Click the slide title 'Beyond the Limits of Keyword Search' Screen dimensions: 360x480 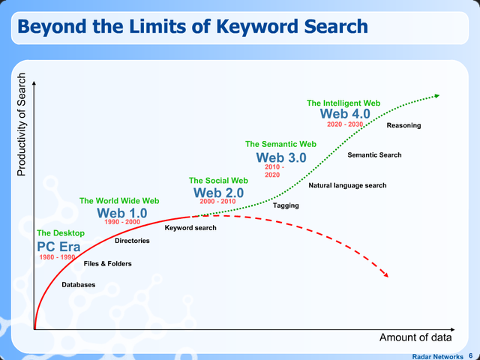pyautogui.click(x=192, y=27)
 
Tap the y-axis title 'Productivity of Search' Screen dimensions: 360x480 pyautogui.click(x=21, y=124)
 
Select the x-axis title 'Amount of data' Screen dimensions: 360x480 pyautogui.click(x=414, y=337)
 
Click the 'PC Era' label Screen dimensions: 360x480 pyautogui.click(x=58, y=246)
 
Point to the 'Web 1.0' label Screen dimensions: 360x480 pyautogui.click(x=121, y=213)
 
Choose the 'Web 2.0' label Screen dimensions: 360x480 pyautogui.click(x=218, y=193)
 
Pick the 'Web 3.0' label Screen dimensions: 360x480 pyautogui.click(x=281, y=157)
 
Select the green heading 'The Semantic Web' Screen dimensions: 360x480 pyautogui.click(x=281, y=144)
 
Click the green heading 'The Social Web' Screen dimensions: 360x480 pyautogui.click(x=218, y=181)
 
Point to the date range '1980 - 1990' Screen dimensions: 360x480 pyautogui.click(x=57, y=257)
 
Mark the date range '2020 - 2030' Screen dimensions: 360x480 pyautogui.click(x=345, y=124)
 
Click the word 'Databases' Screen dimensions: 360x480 pyautogui.click(x=78, y=285)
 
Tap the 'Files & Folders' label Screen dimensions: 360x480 pyautogui.click(x=107, y=264)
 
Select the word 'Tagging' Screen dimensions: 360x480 pyautogui.click(x=286, y=205)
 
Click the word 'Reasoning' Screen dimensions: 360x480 pyautogui.click(x=403, y=125)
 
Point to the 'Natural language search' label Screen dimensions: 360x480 pyautogui.click(x=347, y=185)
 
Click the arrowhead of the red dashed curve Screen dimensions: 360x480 pyautogui.click(x=385, y=274)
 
